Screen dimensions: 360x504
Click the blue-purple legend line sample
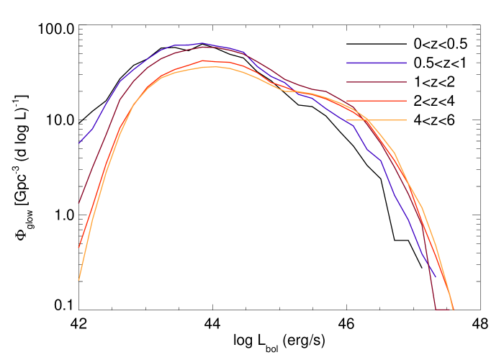[377, 63]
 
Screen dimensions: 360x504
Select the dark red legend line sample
[377, 82]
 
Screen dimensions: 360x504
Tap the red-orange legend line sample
[377, 102]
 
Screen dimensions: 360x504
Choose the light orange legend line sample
[377, 120]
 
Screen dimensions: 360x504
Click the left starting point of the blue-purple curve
[79, 143]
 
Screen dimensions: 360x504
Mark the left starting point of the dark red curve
[79, 204]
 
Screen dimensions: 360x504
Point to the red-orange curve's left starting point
[79, 248]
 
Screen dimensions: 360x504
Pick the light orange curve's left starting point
[79, 279]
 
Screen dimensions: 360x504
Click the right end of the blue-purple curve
[435, 276]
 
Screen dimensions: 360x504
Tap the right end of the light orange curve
[453, 309]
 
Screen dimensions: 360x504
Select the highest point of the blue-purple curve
[203, 43]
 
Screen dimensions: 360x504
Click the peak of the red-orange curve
[204, 60]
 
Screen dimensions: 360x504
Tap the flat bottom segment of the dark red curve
[444, 310]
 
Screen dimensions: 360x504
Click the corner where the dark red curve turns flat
[436, 310]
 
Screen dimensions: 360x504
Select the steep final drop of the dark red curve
[430, 274]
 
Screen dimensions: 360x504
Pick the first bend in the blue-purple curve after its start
[92, 130]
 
